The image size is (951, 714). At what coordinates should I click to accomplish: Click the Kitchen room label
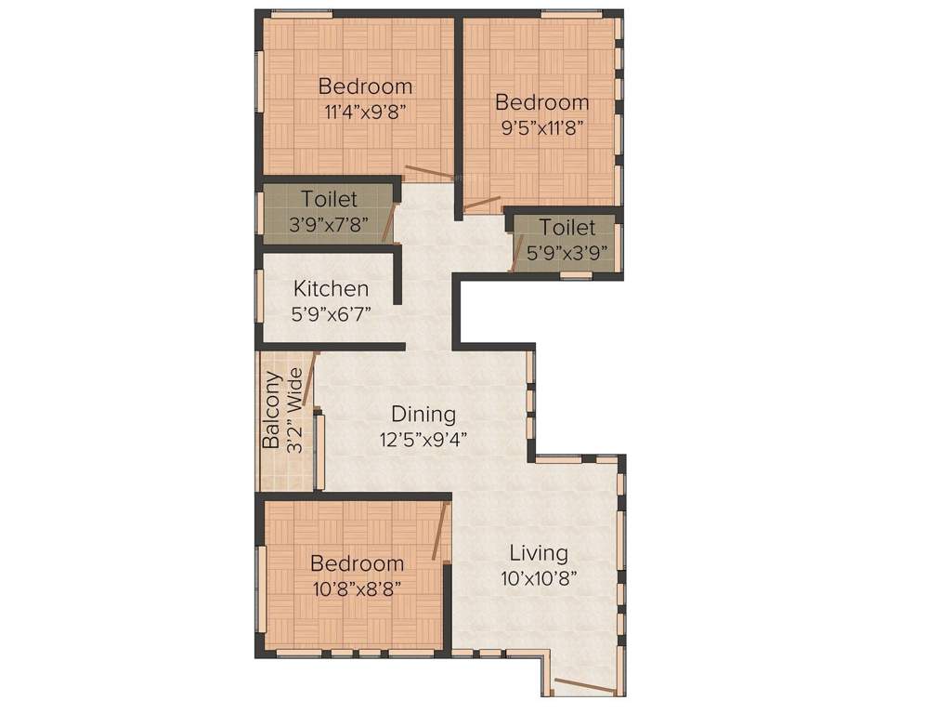331,289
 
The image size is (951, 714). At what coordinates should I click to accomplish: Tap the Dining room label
423,414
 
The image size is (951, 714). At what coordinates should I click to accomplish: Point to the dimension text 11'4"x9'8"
365,112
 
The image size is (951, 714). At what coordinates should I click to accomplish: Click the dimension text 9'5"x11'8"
541,128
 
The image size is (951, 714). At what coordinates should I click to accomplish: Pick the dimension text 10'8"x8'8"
357,588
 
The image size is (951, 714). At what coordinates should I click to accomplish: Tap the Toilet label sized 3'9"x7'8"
329,199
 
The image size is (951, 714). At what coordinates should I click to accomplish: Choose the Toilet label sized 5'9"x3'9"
567,228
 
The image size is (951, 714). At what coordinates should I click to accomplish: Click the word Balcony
271,410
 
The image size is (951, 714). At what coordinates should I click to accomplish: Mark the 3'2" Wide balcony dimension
295,410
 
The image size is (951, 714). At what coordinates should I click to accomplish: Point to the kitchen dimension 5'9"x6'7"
331,313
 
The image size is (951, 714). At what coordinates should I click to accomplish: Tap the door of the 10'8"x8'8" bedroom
440,532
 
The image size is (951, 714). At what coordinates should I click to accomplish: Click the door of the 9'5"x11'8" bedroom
483,203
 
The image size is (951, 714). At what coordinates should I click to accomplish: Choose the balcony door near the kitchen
310,377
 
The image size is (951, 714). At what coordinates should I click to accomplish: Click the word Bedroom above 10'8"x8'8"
357,563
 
